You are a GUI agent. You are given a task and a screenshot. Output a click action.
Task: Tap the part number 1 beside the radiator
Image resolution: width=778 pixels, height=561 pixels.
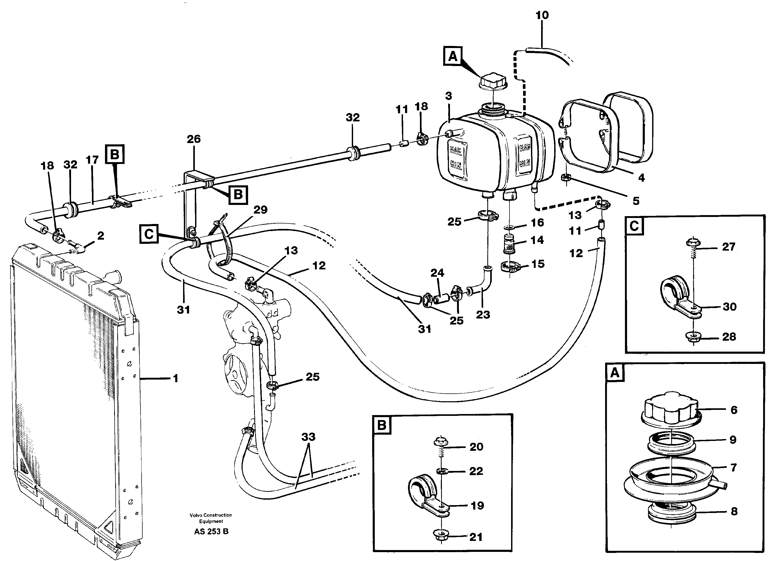176,379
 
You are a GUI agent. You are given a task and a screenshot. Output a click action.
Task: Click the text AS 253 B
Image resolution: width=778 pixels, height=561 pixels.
211,532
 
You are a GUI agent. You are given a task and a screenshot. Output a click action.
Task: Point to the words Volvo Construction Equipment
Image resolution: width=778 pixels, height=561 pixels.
210,518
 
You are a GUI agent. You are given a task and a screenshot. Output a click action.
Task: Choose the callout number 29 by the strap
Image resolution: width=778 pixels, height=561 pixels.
260,210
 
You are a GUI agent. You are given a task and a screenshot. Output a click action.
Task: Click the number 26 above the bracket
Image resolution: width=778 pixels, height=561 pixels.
194,139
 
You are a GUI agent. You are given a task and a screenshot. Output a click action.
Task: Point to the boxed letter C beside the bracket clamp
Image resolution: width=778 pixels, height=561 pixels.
149,234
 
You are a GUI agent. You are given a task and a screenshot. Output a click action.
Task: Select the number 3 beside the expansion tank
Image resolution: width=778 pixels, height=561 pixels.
449,96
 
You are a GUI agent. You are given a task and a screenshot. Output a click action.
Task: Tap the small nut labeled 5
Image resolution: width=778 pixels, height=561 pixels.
566,178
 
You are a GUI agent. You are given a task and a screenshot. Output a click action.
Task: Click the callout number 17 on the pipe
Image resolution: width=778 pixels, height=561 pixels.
92,160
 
